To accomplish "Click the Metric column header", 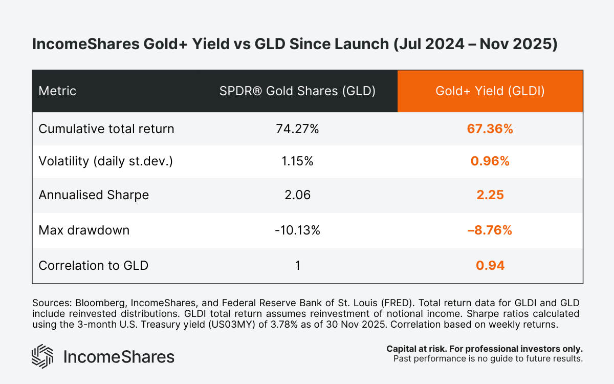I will tap(57, 91).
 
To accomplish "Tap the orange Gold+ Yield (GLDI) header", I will tap(490, 91).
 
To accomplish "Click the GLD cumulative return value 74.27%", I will tap(297, 129).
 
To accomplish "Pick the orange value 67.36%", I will tap(490, 129).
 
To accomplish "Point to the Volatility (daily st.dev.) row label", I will tap(106, 161).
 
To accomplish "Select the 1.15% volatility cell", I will tap(297, 161).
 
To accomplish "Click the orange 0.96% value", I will tap(490, 161).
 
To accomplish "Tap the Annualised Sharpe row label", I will tap(94, 195).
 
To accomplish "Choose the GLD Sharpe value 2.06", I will tap(297, 195).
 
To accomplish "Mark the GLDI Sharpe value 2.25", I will tap(490, 195).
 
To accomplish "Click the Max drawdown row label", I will tap(84, 230).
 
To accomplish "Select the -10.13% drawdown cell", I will tap(297, 230).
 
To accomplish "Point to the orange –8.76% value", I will tap(490, 230).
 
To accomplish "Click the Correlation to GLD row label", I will tap(94, 265).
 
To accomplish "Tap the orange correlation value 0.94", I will tap(490, 265).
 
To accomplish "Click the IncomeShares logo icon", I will tap(42, 356).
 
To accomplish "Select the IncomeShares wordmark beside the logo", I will tap(118, 356).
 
